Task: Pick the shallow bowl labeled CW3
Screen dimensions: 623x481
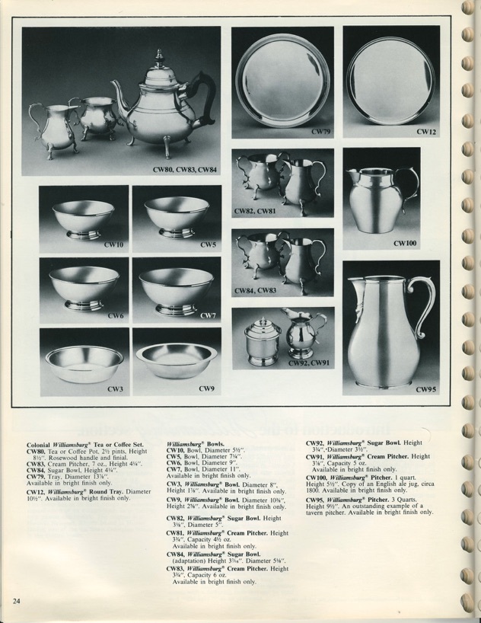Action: [x=83, y=363]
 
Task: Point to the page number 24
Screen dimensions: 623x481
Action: [x=16, y=601]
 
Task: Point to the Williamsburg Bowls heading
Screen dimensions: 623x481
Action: [x=196, y=443]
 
